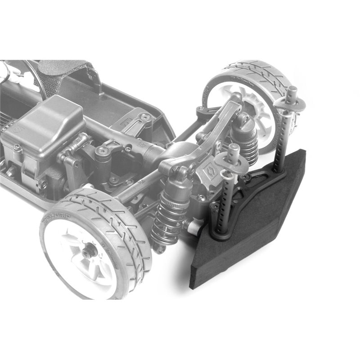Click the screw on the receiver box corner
click(17, 147)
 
